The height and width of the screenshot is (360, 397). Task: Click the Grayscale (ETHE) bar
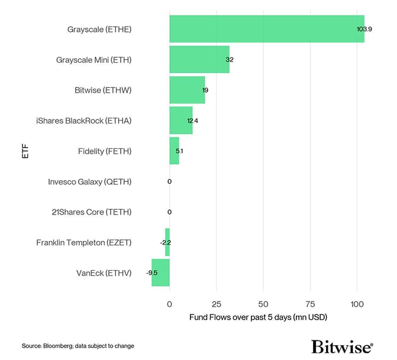pyautogui.click(x=266, y=29)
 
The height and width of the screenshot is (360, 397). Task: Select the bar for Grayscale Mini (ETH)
pyautogui.click(x=199, y=59)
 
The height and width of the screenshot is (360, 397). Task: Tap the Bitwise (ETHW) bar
pyautogui.click(x=187, y=90)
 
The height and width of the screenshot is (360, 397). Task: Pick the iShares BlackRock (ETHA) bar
pyautogui.click(x=180, y=121)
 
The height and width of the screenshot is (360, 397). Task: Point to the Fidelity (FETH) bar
pyautogui.click(x=174, y=151)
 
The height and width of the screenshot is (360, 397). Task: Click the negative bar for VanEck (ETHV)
pyautogui.click(x=160, y=273)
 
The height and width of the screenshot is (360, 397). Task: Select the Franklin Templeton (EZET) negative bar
pyautogui.click(x=167, y=242)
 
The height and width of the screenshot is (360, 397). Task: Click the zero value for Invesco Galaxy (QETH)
pyautogui.click(x=169, y=181)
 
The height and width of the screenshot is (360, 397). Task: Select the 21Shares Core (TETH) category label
pyautogui.click(x=92, y=212)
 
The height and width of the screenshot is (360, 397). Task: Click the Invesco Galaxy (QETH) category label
pyautogui.click(x=90, y=181)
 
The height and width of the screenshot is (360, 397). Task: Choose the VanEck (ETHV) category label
pyautogui.click(x=104, y=273)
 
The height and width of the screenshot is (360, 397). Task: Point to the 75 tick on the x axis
pyautogui.click(x=310, y=304)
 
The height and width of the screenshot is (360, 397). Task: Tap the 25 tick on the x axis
pyautogui.click(x=217, y=304)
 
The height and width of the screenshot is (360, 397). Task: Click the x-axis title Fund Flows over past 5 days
pyautogui.click(x=258, y=317)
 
